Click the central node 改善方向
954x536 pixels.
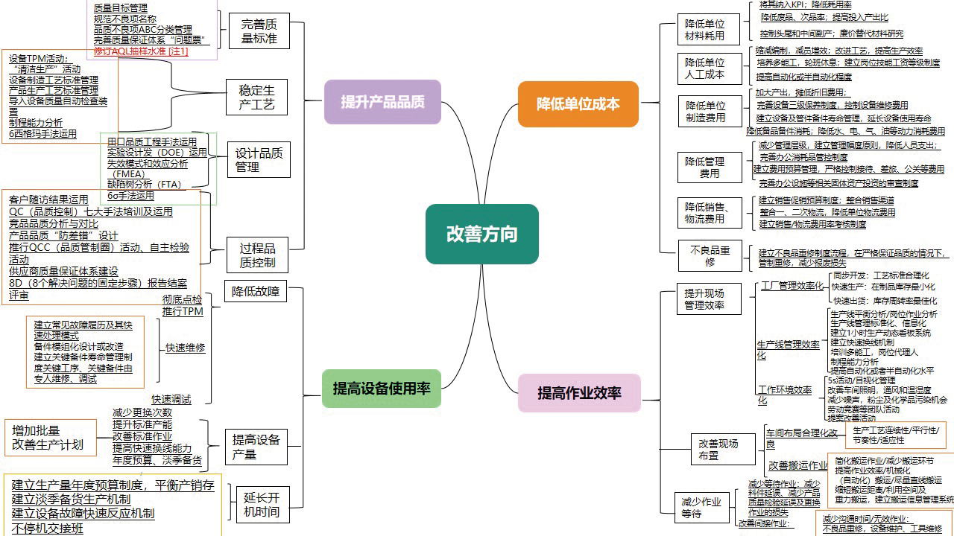pos(481,234)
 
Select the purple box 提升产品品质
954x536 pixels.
pos(382,102)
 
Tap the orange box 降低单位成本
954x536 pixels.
pos(578,103)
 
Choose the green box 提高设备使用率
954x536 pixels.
pos(382,389)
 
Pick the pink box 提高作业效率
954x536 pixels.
pos(579,393)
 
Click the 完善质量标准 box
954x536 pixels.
pos(259,31)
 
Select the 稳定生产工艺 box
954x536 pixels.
pos(256,98)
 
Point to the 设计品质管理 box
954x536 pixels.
pos(259,160)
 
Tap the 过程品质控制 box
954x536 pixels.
pos(258,255)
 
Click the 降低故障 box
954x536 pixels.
pos(255,292)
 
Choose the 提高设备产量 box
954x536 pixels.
pos(256,447)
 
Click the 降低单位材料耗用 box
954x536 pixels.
pos(704,30)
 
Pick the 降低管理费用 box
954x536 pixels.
pos(704,167)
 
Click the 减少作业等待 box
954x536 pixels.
pos(701,508)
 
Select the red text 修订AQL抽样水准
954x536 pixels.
pos(141,51)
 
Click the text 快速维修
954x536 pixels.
pos(186,348)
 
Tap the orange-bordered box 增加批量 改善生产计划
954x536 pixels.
pos(50,438)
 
